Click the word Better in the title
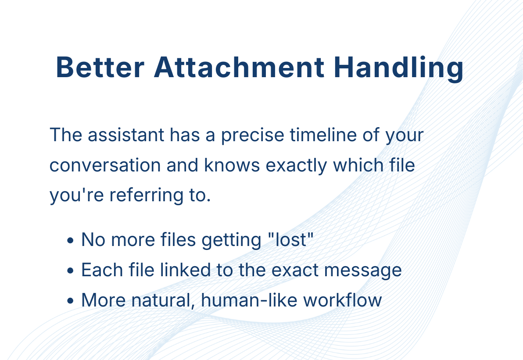point(100,68)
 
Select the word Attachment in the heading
point(239,68)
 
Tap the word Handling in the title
point(398,69)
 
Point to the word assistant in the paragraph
point(126,135)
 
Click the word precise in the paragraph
point(252,135)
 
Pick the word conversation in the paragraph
point(105,165)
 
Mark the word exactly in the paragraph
point(296,166)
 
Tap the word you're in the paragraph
point(77,196)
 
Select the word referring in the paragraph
point(147,196)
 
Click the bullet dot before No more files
point(70,240)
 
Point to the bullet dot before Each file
point(70,271)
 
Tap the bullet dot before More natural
point(70,301)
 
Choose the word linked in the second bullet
point(185,270)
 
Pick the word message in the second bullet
point(363,271)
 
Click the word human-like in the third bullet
point(249,299)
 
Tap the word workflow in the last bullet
point(342,299)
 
